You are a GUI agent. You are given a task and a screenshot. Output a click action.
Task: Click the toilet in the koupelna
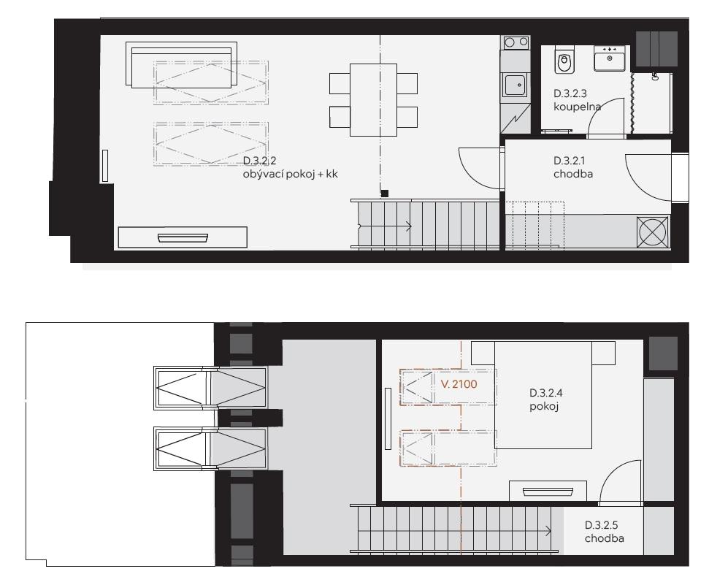pos(564,59)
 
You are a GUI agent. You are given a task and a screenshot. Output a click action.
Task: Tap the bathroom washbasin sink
pos(609,58)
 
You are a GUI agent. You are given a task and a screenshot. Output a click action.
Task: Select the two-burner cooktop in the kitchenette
pos(516,42)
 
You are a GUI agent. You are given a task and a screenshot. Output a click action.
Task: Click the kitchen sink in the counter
pos(515,85)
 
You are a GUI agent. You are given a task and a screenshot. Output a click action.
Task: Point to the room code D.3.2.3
pos(570,93)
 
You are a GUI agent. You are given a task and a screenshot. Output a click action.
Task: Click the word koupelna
pos(577,107)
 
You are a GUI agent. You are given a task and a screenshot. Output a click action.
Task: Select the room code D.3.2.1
pos(570,161)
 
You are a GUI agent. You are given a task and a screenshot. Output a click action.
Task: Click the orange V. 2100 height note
pos(459,384)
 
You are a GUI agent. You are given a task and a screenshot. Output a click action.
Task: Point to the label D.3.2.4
pos(546,393)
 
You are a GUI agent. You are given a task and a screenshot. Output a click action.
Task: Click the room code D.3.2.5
pos(602,525)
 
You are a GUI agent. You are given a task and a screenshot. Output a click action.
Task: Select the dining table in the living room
pos(374,100)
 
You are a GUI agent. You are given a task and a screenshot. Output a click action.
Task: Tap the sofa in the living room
pos(181,65)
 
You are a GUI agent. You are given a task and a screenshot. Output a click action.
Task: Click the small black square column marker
pos(384,194)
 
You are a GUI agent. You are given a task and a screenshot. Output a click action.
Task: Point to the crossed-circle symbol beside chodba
pos(652,232)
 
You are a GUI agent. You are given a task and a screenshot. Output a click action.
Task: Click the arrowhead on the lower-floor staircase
pos(409,226)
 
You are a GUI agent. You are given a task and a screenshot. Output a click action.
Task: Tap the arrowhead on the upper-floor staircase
pos(549,531)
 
